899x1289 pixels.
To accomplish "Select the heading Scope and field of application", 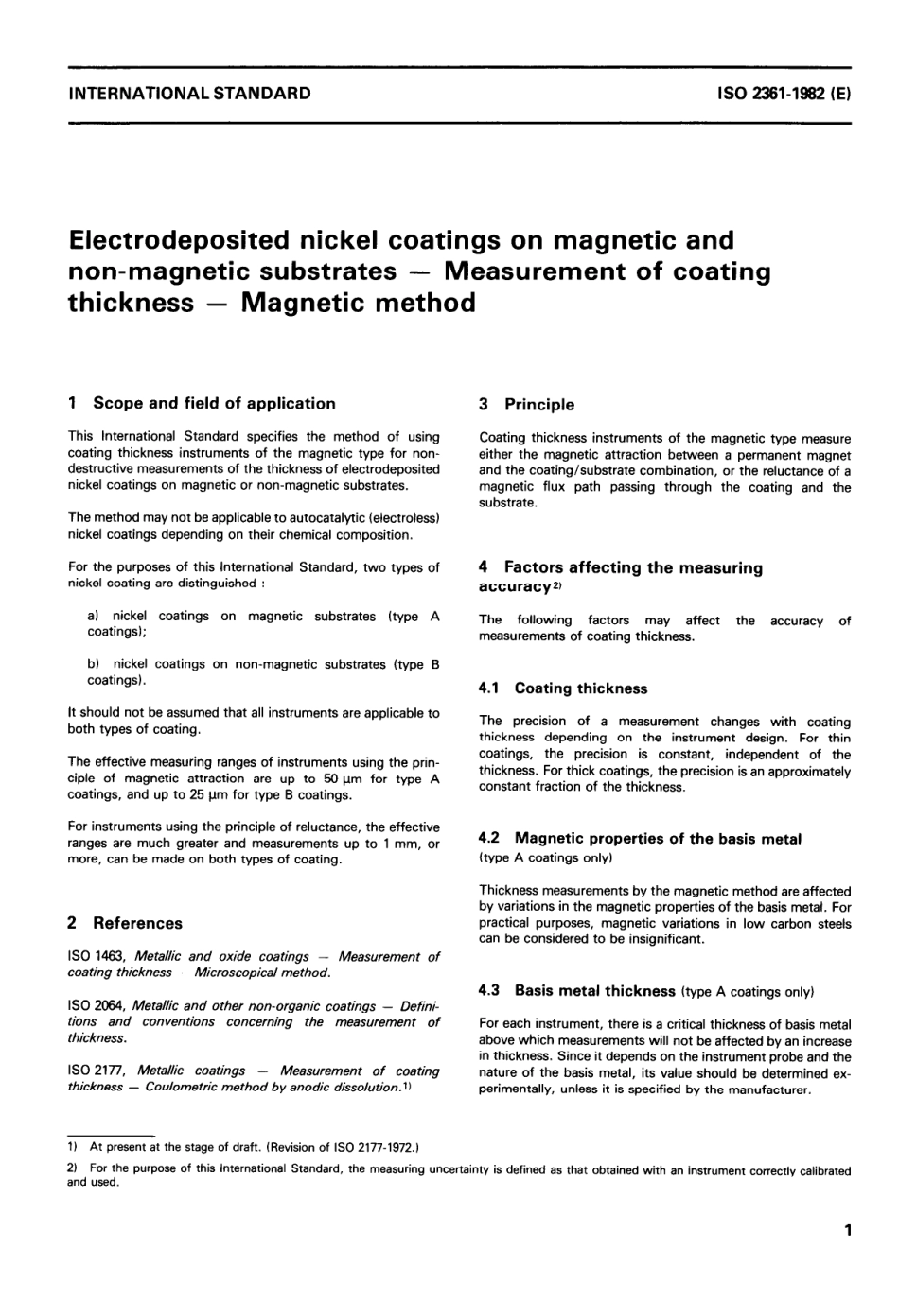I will tap(214, 403).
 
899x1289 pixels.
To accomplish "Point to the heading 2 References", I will tap(125, 923).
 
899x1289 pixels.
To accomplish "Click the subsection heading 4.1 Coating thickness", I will tap(564, 688).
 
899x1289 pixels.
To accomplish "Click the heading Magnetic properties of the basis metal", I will tap(658, 839).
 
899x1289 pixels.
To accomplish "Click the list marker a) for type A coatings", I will tap(93, 617).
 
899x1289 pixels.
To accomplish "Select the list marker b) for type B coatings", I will tap(93, 665).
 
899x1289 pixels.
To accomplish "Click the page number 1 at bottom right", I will tap(848, 1231).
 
